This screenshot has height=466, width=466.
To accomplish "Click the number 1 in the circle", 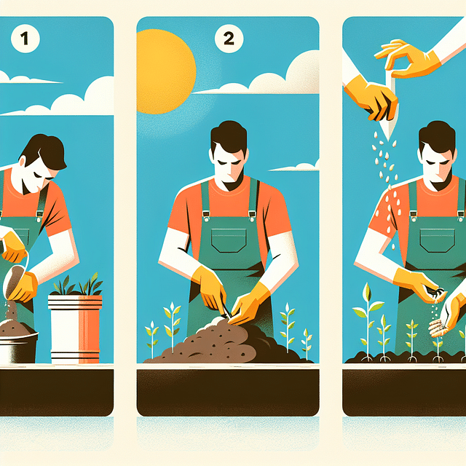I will (23, 39).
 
